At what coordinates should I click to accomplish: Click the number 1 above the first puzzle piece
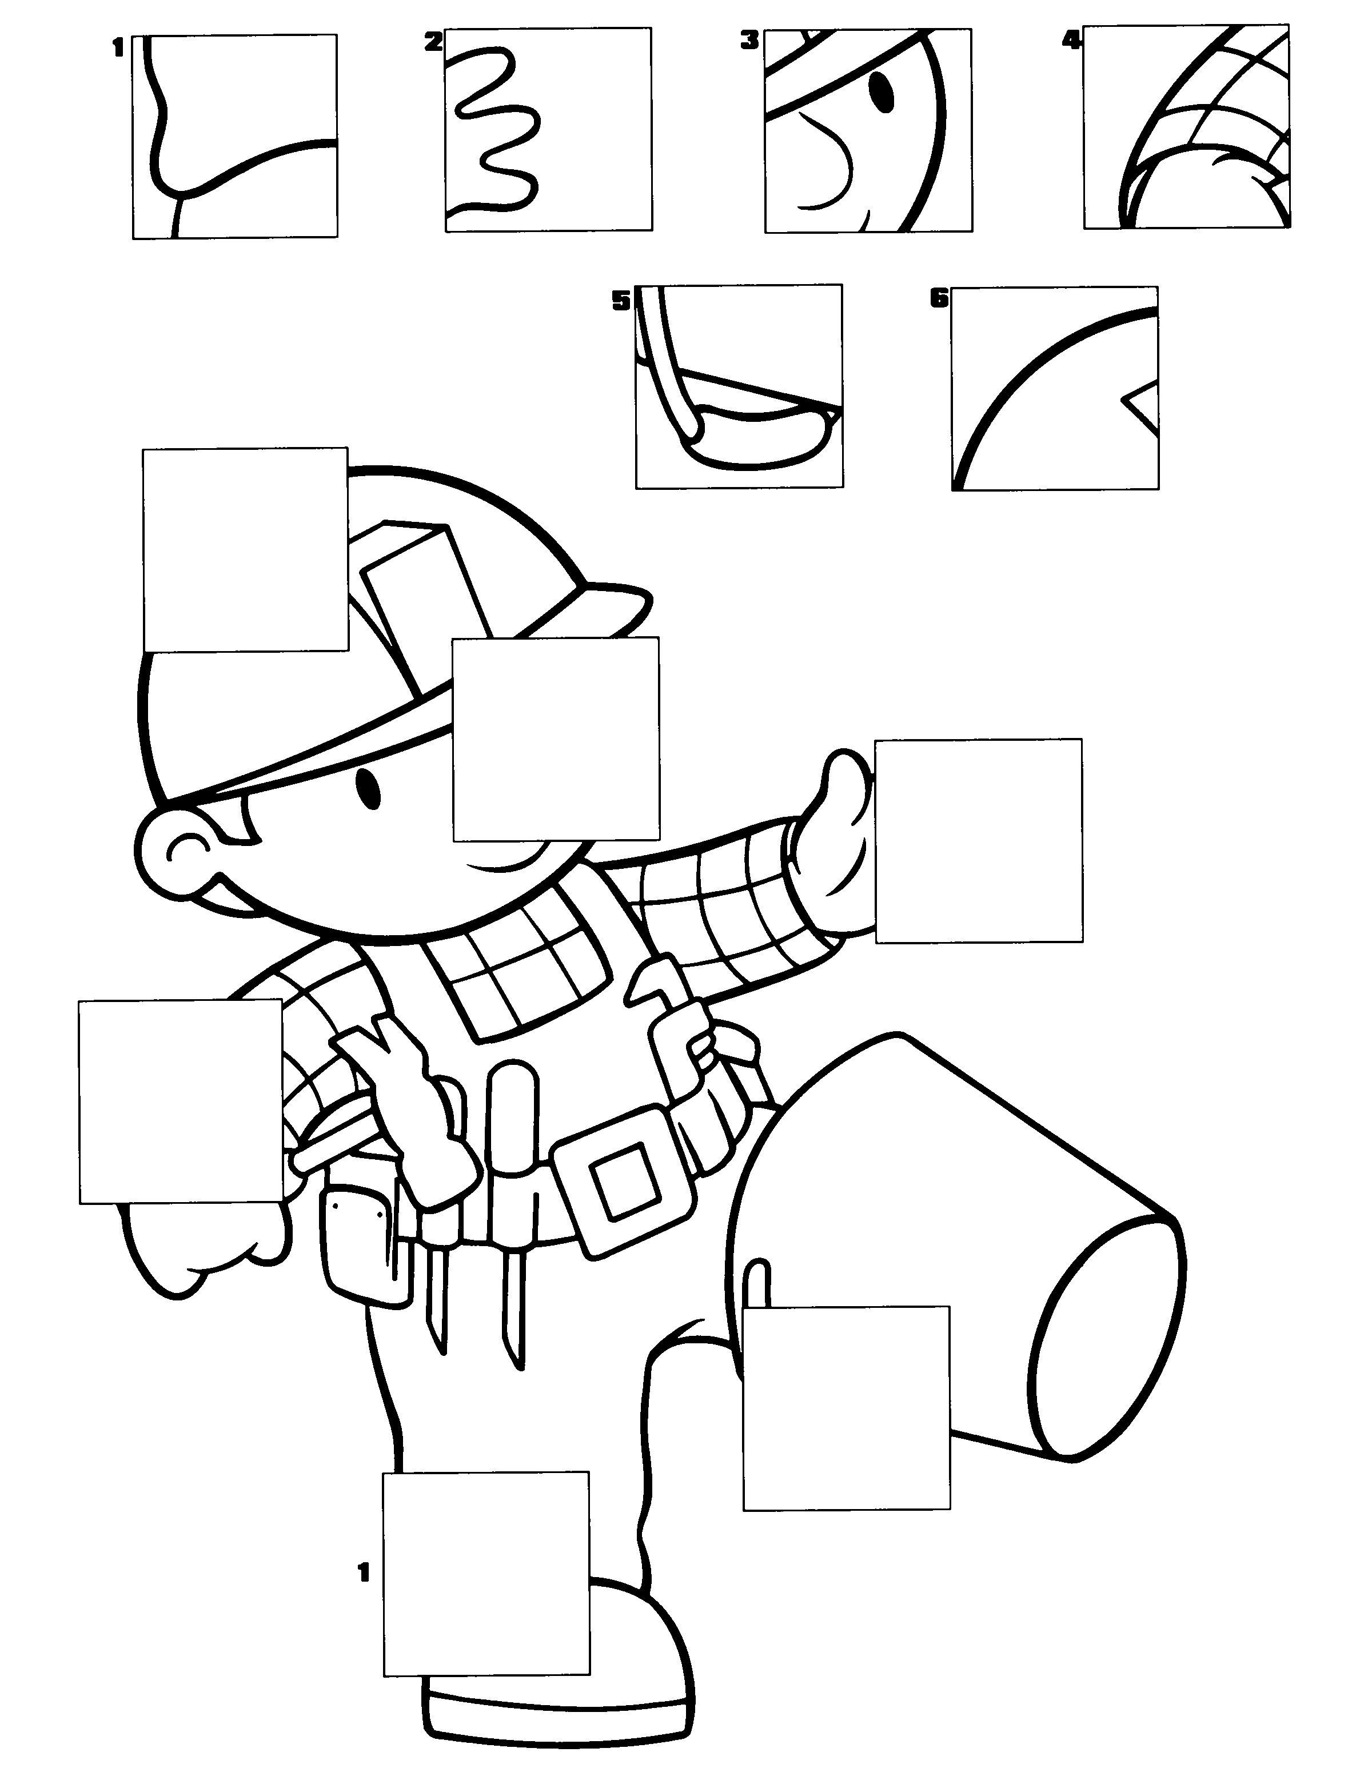[118, 49]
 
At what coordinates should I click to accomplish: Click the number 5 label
[621, 302]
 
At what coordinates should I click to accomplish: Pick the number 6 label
[939, 298]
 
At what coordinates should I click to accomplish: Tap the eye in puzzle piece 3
[880, 91]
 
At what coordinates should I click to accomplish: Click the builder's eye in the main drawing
[369, 789]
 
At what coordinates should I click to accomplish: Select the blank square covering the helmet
[246, 549]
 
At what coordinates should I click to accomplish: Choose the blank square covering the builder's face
[556, 739]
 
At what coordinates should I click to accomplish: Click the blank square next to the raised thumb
[979, 841]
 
